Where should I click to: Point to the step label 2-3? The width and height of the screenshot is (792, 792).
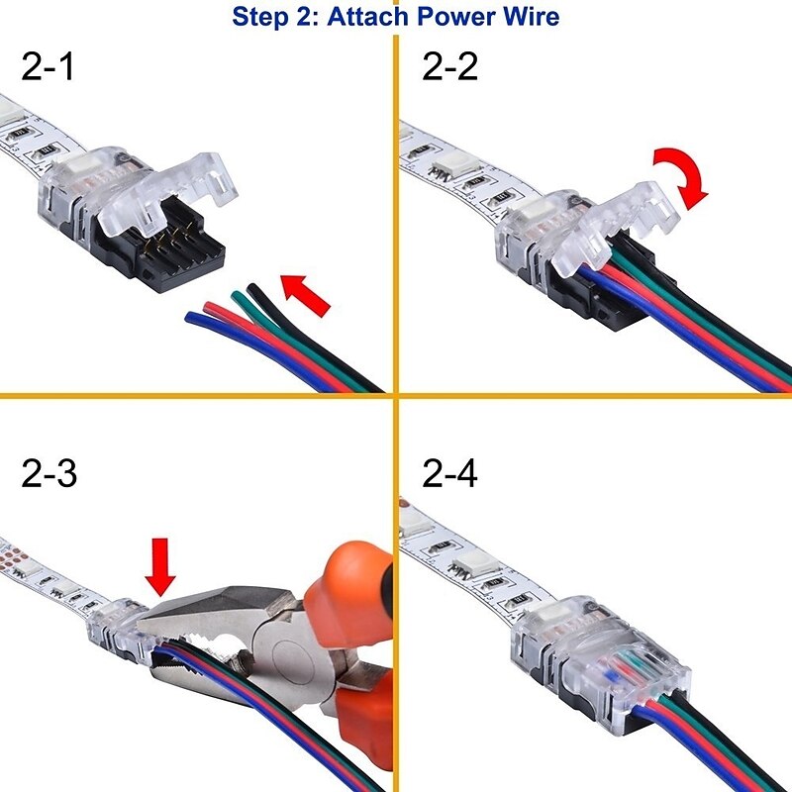click(49, 474)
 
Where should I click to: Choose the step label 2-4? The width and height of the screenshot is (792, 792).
click(449, 474)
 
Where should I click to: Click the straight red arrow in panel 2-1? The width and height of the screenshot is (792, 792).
click(306, 295)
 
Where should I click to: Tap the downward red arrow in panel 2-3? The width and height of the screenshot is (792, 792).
click(159, 565)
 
